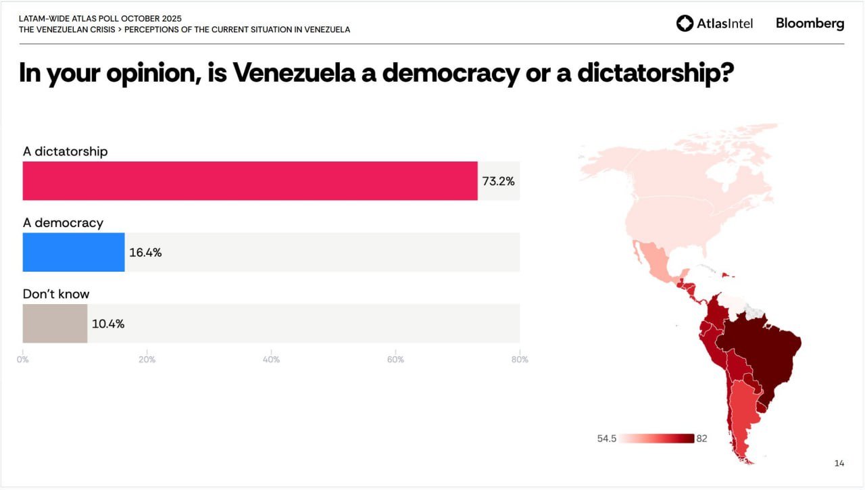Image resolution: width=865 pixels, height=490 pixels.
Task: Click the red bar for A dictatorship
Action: (250, 180)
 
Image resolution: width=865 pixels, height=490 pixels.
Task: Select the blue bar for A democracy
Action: (74, 252)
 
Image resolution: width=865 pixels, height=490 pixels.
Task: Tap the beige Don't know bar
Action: (55, 323)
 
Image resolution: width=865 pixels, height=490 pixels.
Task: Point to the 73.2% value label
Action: (498, 181)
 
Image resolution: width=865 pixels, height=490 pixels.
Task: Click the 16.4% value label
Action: (145, 253)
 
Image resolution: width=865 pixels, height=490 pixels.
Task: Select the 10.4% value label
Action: (108, 324)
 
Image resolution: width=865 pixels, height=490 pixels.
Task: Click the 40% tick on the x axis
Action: (271, 360)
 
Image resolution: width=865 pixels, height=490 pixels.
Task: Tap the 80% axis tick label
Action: (520, 360)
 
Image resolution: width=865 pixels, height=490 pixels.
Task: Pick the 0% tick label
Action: (23, 360)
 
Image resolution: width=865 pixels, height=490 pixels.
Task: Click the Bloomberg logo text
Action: (810, 23)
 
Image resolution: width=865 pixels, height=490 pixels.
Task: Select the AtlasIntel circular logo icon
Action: (685, 23)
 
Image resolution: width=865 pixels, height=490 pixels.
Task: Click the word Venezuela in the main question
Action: (294, 73)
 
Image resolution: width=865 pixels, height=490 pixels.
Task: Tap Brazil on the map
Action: (760, 351)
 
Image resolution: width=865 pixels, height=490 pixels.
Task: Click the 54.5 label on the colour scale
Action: (607, 439)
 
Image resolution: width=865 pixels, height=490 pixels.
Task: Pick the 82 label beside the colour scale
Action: (701, 439)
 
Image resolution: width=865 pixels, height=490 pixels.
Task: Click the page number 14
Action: (839, 463)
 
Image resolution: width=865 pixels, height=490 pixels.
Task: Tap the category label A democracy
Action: (63, 223)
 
